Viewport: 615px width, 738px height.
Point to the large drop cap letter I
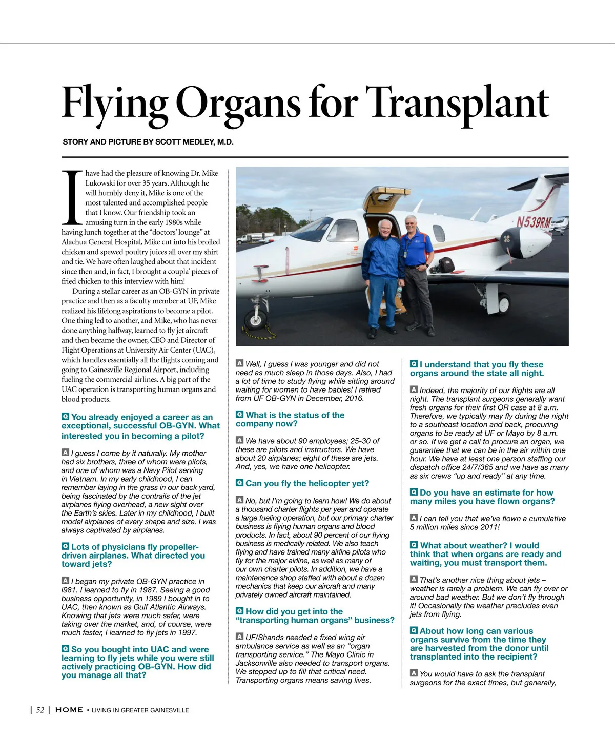tap(72, 198)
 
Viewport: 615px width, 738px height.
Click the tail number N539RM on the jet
tap(533, 222)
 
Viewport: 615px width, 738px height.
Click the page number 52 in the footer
tap(39, 710)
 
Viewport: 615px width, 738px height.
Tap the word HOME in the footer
tap(69, 710)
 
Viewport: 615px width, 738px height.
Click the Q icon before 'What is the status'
tap(239, 415)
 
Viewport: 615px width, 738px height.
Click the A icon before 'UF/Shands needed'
tap(239, 637)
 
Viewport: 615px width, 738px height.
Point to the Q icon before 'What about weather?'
tap(414, 545)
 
